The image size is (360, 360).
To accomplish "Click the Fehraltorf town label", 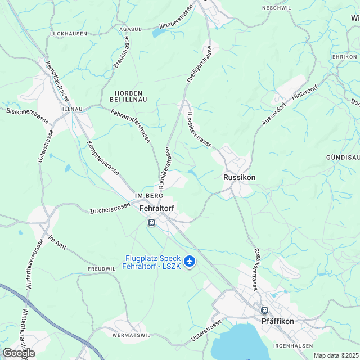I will coord(156,208).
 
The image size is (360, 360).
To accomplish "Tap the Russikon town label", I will coord(239,177).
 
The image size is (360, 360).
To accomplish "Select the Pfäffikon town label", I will coord(278,321).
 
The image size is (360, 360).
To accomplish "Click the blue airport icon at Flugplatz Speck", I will coord(190,261).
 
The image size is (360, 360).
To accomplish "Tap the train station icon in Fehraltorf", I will coord(151,223).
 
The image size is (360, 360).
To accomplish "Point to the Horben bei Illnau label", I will coord(128,96).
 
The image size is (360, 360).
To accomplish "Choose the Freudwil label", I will coord(102,269).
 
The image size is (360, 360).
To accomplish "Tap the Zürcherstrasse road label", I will coord(110,209).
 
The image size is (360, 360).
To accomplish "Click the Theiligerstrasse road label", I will coord(198,64).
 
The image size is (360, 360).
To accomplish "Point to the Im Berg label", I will coord(145,195).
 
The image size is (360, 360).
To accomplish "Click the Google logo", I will coord(19,353).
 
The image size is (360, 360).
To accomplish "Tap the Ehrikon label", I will coord(345,57).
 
